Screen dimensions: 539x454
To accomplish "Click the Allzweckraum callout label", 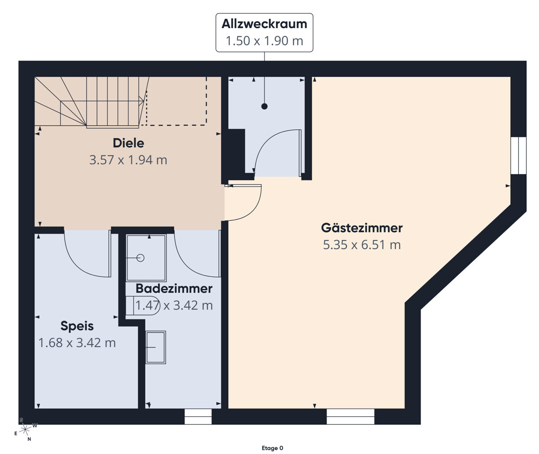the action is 264,32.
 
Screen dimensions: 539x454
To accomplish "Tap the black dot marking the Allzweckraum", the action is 264,106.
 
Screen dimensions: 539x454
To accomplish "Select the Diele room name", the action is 128,143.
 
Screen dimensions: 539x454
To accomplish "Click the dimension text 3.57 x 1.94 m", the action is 128,160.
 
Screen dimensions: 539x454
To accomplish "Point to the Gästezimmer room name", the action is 362,227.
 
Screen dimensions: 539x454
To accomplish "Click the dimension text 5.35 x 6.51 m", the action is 362,244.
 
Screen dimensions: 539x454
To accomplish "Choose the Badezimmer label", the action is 174,288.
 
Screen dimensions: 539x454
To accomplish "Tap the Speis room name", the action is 77,326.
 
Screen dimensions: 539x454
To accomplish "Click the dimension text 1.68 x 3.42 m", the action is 77,343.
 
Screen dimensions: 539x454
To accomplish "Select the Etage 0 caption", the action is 272,448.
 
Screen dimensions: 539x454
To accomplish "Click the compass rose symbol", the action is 25,429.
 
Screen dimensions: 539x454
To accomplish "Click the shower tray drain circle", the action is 141,258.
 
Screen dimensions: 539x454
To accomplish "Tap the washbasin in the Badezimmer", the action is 155,347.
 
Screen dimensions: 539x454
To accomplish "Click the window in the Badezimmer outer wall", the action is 198,416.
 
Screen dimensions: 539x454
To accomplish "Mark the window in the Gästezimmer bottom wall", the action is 350,416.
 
